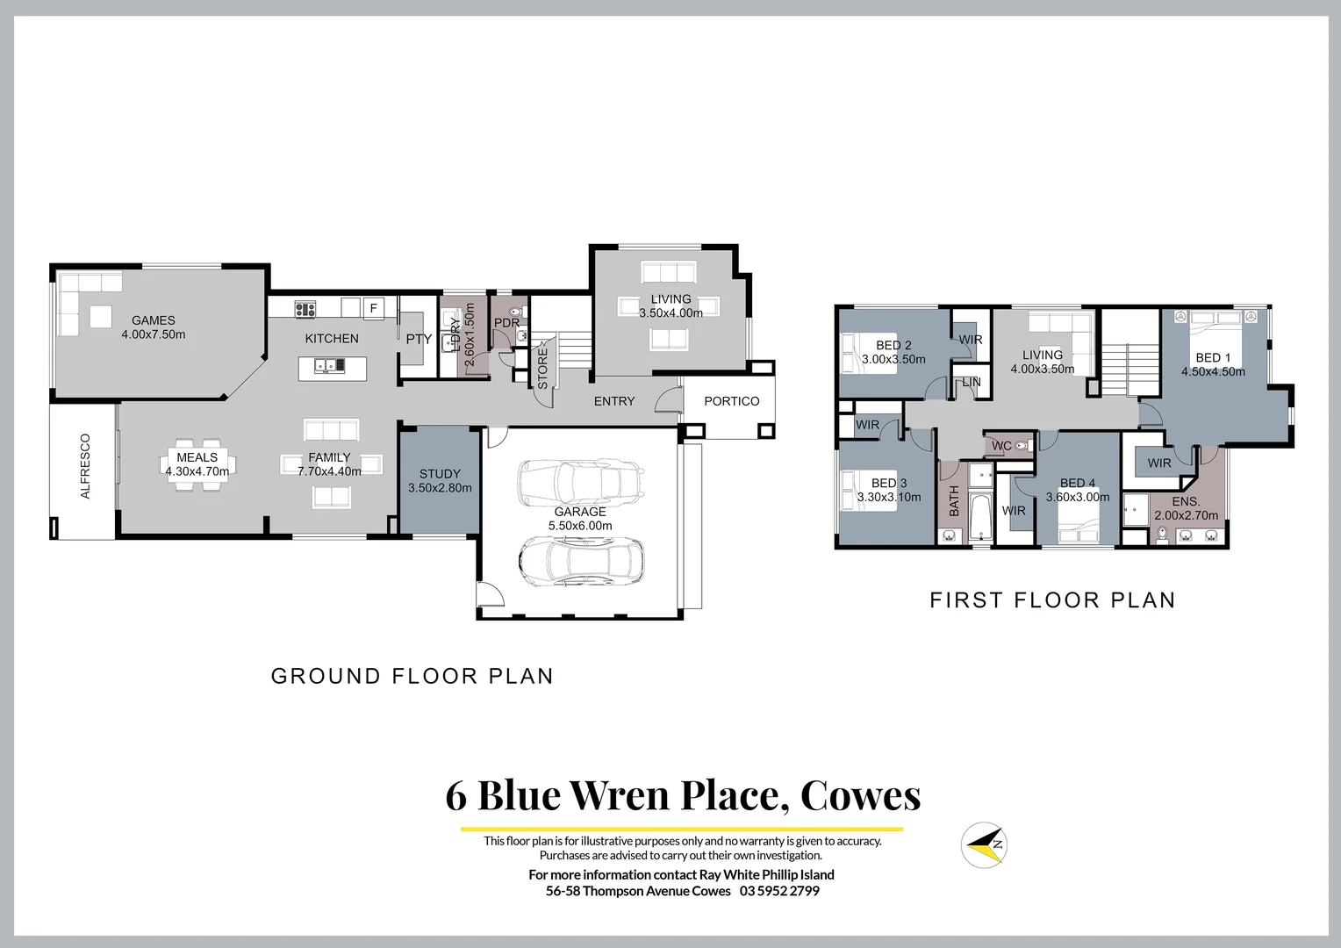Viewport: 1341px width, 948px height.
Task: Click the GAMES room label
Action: [154, 320]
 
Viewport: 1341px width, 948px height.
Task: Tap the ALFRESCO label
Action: [85, 466]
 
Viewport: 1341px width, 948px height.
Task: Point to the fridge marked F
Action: [373, 308]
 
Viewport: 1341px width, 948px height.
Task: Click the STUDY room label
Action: [440, 474]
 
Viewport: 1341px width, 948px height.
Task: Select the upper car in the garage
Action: [579, 481]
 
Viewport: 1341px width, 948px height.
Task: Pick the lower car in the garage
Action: [581, 561]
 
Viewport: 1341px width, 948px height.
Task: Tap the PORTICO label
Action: [731, 401]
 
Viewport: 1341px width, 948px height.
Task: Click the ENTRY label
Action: [614, 401]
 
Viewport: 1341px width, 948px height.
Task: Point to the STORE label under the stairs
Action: [542, 368]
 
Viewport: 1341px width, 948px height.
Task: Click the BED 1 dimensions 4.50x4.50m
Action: [1213, 371]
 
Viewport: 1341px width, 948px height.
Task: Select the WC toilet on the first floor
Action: [1020, 446]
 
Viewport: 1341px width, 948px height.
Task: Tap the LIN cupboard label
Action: [972, 383]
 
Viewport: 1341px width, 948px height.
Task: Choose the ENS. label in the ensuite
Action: [1186, 502]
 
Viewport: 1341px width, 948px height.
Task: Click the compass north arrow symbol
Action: [984, 844]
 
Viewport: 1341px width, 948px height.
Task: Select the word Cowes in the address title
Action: [860, 794]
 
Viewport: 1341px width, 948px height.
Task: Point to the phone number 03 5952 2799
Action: [779, 891]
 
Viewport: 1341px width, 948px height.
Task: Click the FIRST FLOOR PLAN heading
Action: [1052, 600]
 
